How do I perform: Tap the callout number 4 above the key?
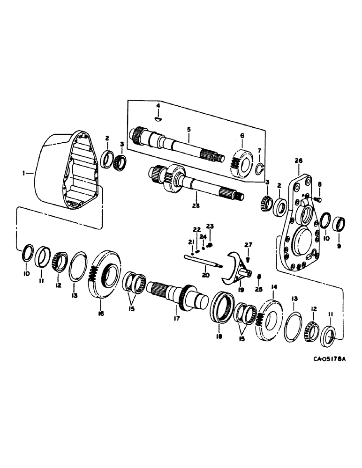point(158,106)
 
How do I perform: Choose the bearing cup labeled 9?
point(340,224)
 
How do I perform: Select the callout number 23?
point(210,226)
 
